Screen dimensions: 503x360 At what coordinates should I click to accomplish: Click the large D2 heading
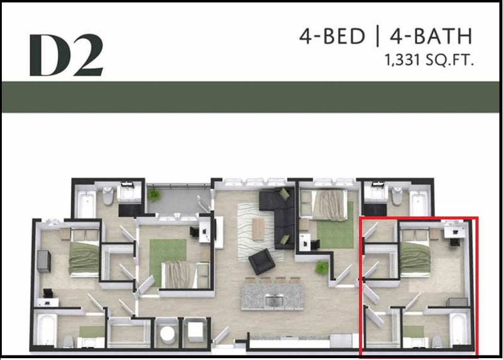[67, 55]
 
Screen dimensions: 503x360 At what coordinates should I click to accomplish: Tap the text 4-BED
[332, 36]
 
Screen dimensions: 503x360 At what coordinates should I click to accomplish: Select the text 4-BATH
[431, 36]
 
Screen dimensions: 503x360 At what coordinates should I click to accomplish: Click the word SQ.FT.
[450, 60]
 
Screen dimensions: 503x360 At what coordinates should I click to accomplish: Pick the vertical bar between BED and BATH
[378, 36]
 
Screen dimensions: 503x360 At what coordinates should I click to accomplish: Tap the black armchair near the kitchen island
[262, 261]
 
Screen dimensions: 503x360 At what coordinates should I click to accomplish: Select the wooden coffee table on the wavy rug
[258, 228]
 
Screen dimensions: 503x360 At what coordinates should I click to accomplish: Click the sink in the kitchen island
[274, 301]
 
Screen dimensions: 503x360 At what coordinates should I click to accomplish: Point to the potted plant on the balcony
[154, 194]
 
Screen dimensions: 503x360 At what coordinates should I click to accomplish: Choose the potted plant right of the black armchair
[321, 268]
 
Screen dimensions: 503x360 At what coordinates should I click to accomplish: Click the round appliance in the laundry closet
[167, 334]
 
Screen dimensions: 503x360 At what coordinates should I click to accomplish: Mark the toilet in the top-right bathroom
[397, 196]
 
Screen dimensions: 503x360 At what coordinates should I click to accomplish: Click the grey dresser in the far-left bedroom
[44, 261]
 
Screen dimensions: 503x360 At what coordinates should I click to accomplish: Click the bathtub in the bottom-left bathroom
[47, 330]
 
